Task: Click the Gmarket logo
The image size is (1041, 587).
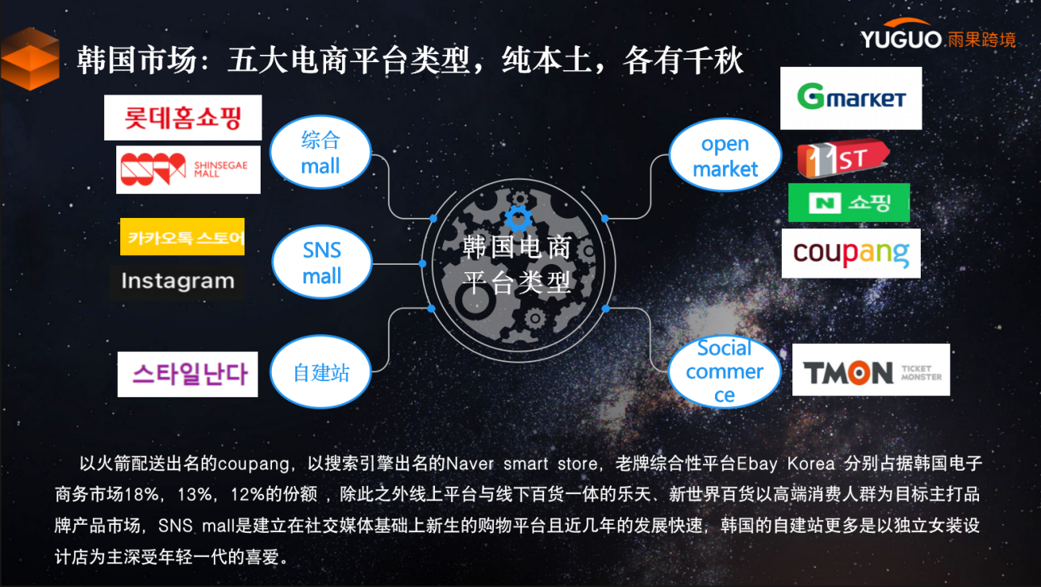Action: tap(851, 99)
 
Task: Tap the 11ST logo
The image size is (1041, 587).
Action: tap(842, 159)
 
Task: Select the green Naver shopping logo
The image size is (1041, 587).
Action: tap(848, 203)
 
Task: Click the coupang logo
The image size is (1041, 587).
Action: tap(851, 254)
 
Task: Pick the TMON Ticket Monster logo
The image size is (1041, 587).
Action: tap(871, 371)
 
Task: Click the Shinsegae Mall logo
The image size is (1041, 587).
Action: tap(188, 170)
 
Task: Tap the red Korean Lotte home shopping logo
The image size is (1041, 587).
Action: tap(183, 118)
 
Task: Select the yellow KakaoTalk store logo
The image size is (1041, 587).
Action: tap(182, 237)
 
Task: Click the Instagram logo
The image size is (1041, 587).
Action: tap(178, 281)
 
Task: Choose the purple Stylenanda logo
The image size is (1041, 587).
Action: tap(188, 375)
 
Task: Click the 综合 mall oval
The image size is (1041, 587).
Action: tap(320, 153)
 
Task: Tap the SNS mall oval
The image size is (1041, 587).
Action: tap(322, 262)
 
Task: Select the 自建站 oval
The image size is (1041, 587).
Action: tap(321, 373)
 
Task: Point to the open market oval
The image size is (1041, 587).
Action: tap(725, 157)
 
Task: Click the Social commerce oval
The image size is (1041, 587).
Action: tap(725, 371)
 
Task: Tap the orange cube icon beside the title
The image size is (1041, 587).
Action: tap(29, 60)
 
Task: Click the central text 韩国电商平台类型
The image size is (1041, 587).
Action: tap(516, 264)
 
